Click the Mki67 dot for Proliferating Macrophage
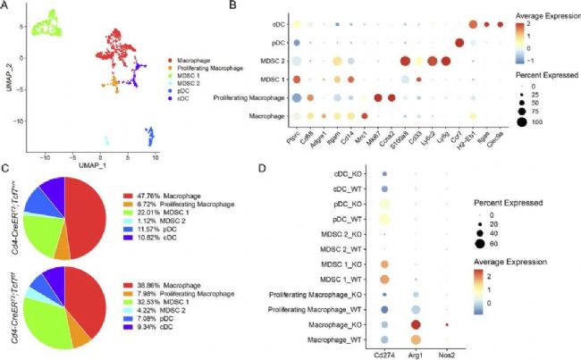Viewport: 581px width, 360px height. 379,97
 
